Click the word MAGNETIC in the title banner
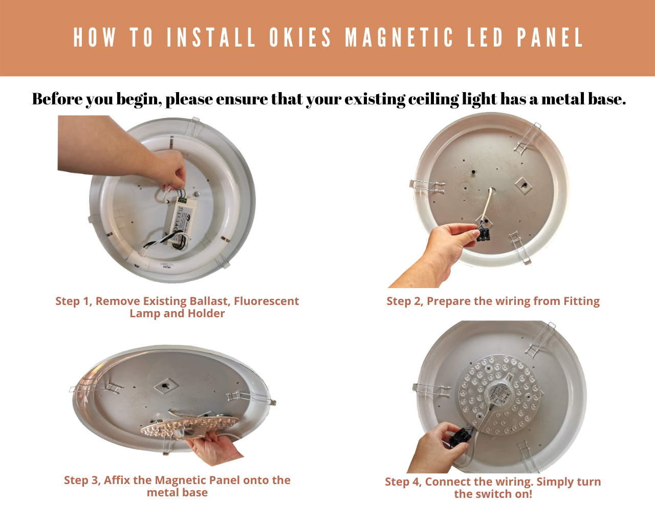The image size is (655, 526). [399, 38]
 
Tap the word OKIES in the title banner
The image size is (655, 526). [301, 38]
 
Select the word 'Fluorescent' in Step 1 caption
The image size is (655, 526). [266, 301]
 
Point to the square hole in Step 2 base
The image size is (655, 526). [522, 185]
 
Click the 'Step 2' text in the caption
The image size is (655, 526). [404, 301]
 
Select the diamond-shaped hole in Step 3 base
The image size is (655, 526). [165, 384]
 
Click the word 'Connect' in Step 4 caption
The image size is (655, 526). [445, 481]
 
